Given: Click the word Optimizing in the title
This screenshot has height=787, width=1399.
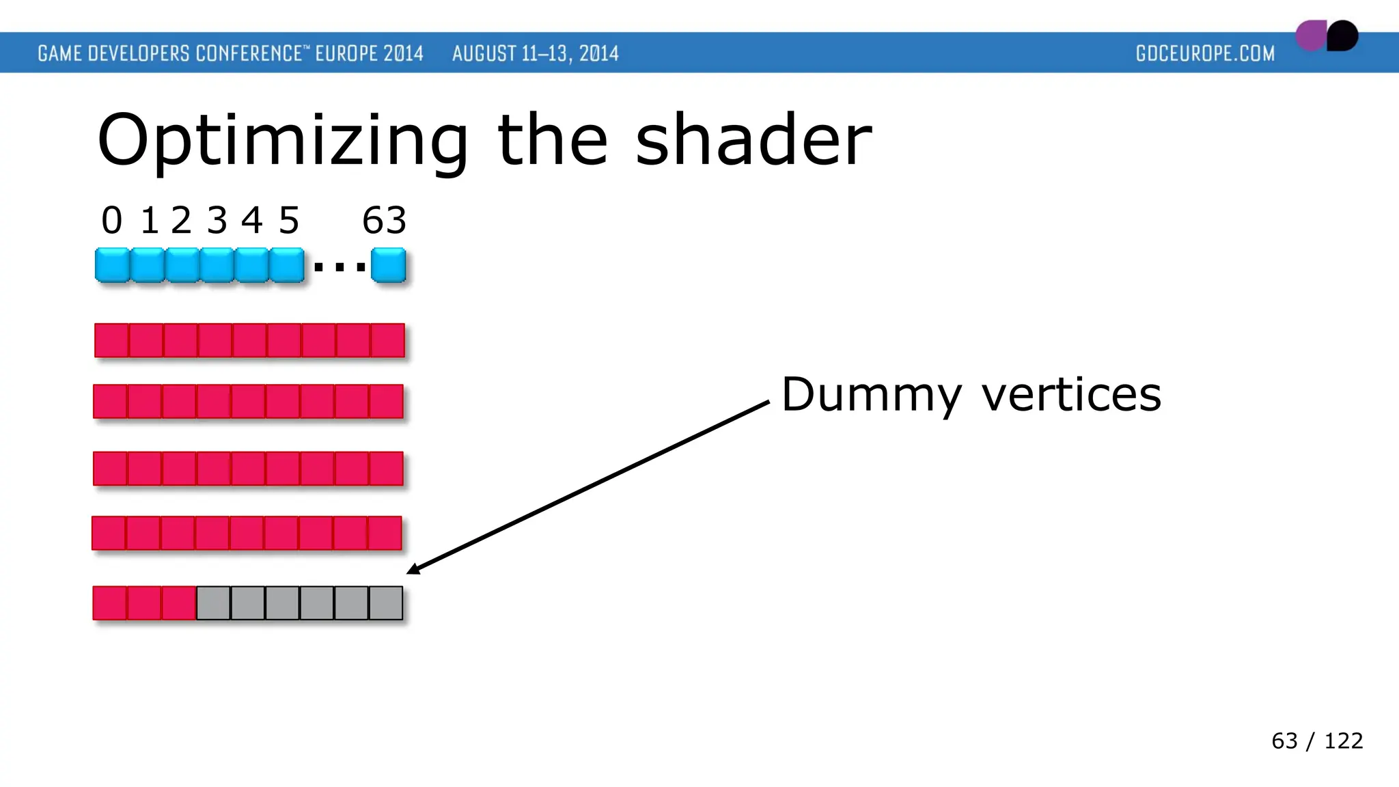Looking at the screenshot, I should [282, 141].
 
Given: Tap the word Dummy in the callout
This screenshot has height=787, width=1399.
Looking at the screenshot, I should [871, 395].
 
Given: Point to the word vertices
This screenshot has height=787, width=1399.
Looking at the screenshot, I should [1071, 395].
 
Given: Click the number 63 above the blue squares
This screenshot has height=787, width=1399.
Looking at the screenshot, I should [384, 221].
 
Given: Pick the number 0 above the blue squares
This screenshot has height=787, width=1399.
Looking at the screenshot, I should [111, 221].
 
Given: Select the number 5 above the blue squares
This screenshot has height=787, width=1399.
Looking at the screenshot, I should [289, 221].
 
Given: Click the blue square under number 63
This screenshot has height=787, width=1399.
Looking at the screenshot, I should [388, 266].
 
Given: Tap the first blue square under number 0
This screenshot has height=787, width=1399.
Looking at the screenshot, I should [112, 266].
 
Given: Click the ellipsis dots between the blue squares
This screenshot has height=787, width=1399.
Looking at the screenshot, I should [340, 267].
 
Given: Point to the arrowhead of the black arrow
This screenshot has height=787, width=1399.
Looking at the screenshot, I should [412, 570].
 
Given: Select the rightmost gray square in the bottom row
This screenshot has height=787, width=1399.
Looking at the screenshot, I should [386, 603].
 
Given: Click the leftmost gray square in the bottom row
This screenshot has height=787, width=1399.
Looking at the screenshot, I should [213, 603].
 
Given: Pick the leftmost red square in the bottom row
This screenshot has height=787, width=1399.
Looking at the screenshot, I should [110, 603].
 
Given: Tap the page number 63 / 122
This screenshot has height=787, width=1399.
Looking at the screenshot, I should [1316, 741].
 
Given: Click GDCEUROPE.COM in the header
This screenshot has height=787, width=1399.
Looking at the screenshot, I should [1205, 53].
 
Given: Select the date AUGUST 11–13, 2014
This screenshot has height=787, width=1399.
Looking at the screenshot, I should [535, 53].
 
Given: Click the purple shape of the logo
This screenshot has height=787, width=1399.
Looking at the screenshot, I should [1310, 36].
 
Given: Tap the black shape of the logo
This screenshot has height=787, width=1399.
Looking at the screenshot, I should [1343, 36].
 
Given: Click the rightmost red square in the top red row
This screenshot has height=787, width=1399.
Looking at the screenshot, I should [388, 340].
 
